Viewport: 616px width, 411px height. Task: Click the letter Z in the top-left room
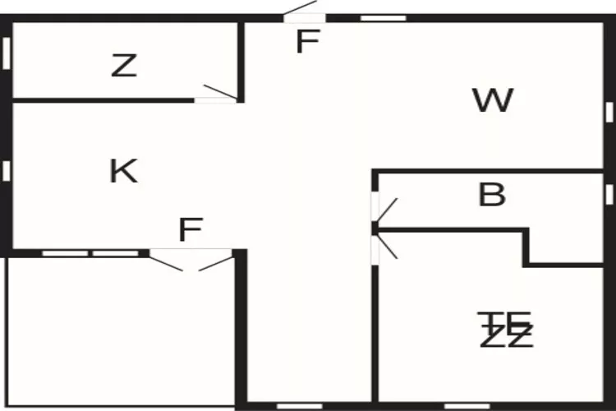tap(123, 66)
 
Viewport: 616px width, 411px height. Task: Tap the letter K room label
tap(123, 171)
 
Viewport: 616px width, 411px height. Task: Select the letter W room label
tap(493, 100)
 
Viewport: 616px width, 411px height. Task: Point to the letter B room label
tap(491, 196)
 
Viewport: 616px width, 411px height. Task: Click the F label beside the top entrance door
tap(306, 42)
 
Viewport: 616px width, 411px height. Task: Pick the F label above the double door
tap(190, 230)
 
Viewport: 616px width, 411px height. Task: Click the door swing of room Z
tap(218, 93)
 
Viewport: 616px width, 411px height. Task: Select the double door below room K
tap(191, 260)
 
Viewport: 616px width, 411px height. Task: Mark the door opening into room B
tap(384, 210)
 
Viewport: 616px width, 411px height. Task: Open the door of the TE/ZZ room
tap(384, 246)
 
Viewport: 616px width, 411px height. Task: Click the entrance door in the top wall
tap(301, 12)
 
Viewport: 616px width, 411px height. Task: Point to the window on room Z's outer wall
tap(7, 53)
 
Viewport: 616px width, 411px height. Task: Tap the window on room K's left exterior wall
tap(7, 170)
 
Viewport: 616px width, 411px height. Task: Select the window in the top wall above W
tap(384, 17)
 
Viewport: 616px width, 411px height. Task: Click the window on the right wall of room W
tap(609, 111)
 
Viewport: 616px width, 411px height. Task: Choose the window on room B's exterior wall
tap(609, 194)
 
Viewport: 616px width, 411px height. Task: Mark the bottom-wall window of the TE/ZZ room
tap(467, 405)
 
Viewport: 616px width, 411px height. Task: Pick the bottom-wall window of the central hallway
tap(299, 405)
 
